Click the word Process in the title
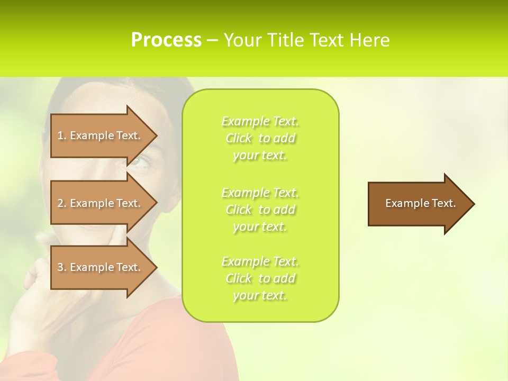tap(166, 40)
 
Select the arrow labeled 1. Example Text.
tap(101, 135)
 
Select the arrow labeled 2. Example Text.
tap(101, 203)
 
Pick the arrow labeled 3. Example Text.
tap(101, 267)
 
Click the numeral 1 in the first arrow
tap(60, 135)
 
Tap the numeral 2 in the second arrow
tap(60, 203)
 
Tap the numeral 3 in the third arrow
tap(60, 267)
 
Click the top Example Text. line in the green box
tap(260, 121)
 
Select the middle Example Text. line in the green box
tap(260, 192)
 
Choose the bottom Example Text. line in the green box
tap(260, 261)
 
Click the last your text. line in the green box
tap(260, 296)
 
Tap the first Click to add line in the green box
tap(260, 138)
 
